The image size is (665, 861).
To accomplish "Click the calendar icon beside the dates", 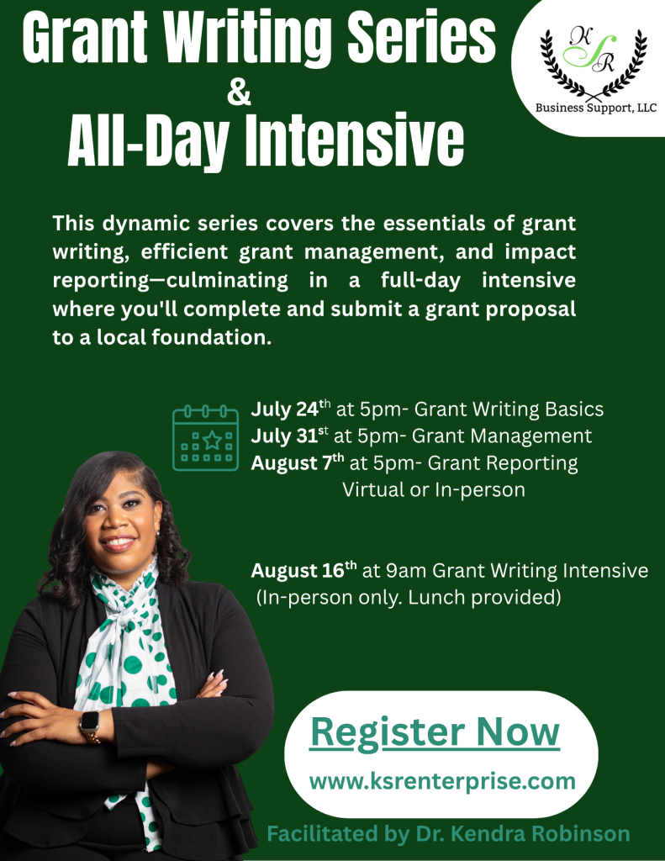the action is click(205, 437).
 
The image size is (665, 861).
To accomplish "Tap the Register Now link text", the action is click(435, 732).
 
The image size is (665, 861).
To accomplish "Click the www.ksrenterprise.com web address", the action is click(442, 781).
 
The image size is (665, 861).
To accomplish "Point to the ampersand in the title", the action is click(239, 92).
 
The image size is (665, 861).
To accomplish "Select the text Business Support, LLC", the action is click(596, 108).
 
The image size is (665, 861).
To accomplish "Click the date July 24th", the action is click(291, 409).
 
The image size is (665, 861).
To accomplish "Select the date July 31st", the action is click(289, 436).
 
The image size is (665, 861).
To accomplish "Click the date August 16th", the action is click(303, 570).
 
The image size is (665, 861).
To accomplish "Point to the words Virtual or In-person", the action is click(433, 489).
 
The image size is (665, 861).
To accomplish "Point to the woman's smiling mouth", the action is click(119, 543).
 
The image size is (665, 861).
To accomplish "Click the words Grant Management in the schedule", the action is click(502, 436).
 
